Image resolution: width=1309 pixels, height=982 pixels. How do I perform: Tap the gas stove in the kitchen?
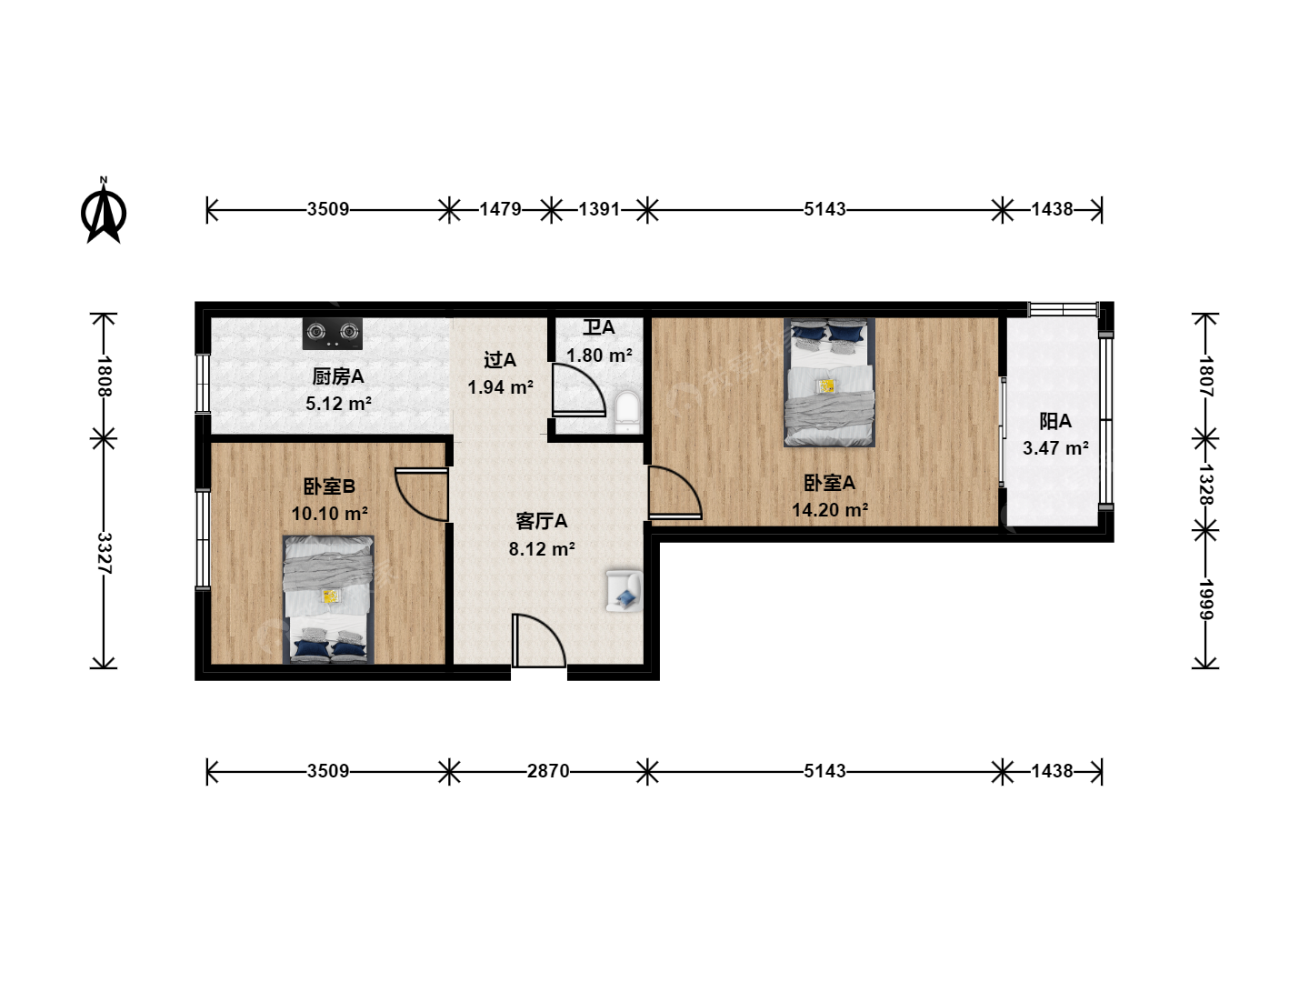coord(333,334)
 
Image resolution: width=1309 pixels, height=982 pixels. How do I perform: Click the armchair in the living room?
coord(625,590)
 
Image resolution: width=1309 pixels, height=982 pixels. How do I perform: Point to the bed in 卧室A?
coord(829,382)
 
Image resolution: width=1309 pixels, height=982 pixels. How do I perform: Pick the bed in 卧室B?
coord(328,599)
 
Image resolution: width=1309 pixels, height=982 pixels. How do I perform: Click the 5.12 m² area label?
coord(338,404)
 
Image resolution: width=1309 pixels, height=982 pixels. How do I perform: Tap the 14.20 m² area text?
coord(830,510)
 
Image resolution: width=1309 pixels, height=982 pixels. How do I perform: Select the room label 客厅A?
coord(542,521)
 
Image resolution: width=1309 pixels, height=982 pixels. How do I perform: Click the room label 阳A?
coord(1055,422)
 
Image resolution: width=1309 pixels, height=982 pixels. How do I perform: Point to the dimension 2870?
coord(548,771)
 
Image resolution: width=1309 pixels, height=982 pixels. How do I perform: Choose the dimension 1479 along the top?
coord(500,209)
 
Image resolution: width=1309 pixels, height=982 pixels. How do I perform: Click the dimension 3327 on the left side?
coord(104,554)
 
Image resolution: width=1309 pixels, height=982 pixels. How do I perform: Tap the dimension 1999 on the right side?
coord(1205,599)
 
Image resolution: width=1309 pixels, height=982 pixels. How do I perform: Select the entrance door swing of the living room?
coord(538,640)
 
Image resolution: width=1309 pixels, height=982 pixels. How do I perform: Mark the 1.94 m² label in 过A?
coord(500,387)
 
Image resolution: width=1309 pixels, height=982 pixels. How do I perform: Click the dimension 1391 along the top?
coord(599,209)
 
